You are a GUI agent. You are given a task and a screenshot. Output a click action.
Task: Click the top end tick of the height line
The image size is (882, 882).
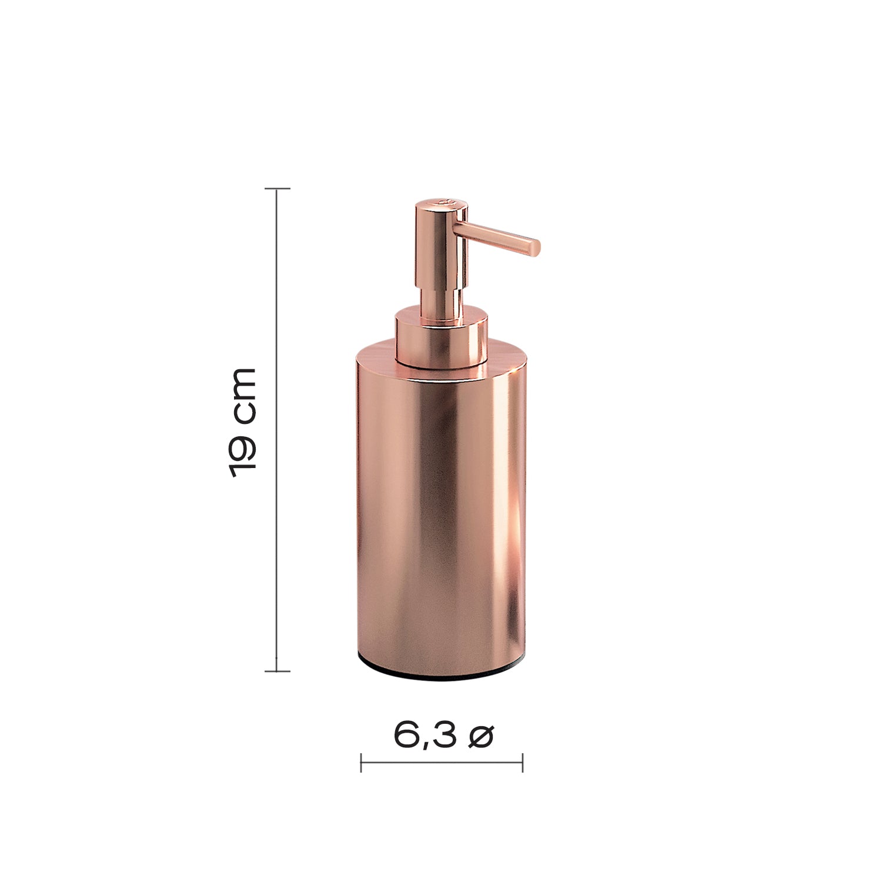pyautogui.click(x=277, y=189)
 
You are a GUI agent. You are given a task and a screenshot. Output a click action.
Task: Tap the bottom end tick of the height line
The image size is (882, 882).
pyautogui.click(x=277, y=671)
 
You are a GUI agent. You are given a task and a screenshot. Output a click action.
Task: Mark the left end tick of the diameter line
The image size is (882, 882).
pyautogui.click(x=361, y=763)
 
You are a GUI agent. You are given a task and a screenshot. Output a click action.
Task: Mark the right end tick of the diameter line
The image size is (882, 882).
pyautogui.click(x=522, y=763)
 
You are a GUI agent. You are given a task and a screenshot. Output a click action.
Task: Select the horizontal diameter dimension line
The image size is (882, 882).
pyautogui.click(x=441, y=763)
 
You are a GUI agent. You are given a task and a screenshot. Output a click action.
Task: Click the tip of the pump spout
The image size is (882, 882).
pyautogui.click(x=536, y=247)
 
